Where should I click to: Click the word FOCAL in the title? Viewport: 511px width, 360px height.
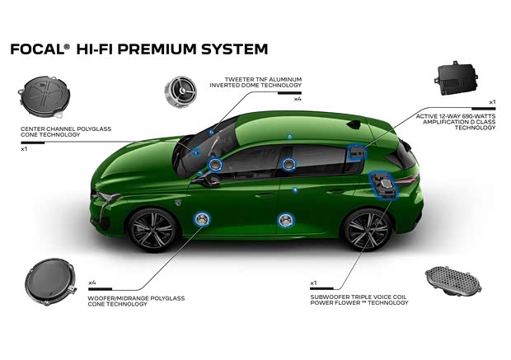(x=35, y=49)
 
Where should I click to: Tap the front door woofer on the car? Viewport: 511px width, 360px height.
(x=201, y=219)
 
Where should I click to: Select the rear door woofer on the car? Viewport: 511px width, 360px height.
(x=286, y=220)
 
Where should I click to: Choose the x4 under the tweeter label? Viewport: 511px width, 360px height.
(x=297, y=99)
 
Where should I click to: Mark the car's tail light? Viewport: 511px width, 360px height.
(x=410, y=178)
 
